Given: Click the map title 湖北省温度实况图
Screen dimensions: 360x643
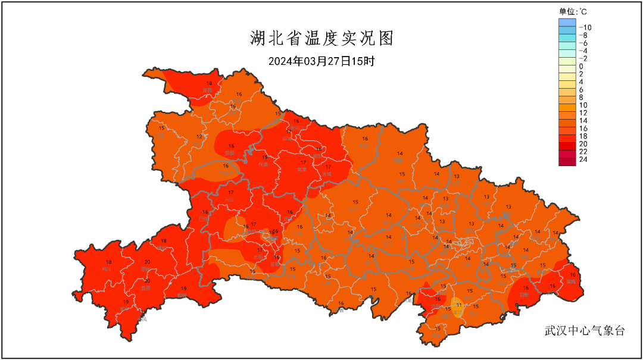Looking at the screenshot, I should coord(321,39).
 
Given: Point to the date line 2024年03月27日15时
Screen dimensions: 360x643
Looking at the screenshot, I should coord(321,61).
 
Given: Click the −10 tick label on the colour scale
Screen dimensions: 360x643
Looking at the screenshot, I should coord(585,27).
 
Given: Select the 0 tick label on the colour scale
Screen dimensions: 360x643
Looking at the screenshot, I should coord(580,66).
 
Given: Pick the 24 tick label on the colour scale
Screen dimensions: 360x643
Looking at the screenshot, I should coord(583,159).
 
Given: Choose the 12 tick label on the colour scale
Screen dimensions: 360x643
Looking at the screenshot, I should coord(583,112).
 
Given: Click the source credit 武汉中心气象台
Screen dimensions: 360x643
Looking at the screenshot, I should coord(585,331).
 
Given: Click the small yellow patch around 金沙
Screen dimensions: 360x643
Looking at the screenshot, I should coord(458,308).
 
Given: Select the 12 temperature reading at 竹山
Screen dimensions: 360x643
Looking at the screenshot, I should coord(199,137).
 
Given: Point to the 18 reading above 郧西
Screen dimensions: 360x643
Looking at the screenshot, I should coord(209,83).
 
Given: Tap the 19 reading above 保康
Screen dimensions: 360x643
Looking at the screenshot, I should coord(265,158).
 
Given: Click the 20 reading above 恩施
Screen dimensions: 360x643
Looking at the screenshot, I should coord(147,262).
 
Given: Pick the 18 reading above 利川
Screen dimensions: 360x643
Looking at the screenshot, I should coord(108,262).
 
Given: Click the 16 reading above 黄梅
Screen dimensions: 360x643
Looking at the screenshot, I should coord(572,274).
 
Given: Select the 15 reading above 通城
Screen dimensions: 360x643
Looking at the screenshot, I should coord(438,328).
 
